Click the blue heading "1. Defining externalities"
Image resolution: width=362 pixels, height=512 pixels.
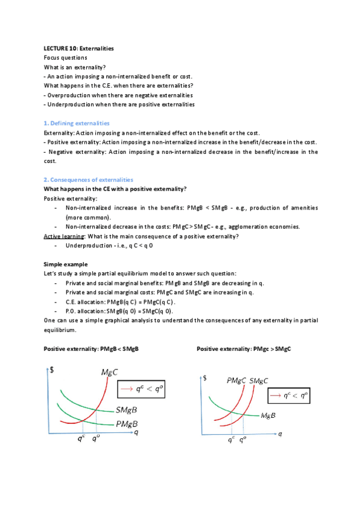77,123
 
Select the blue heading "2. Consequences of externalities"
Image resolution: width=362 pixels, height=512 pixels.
88,180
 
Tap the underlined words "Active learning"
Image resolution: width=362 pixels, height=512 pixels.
63,236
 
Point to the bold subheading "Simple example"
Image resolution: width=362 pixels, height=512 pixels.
66,264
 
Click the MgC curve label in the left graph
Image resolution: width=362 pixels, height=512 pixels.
110,373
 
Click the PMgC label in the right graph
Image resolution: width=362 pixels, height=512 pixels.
236,381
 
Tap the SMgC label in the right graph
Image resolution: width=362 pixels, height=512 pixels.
259,381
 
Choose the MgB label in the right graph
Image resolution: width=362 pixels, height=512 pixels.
268,415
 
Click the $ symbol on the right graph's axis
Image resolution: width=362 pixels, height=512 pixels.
206,379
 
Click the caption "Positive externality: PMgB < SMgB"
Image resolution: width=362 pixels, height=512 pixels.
91,350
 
